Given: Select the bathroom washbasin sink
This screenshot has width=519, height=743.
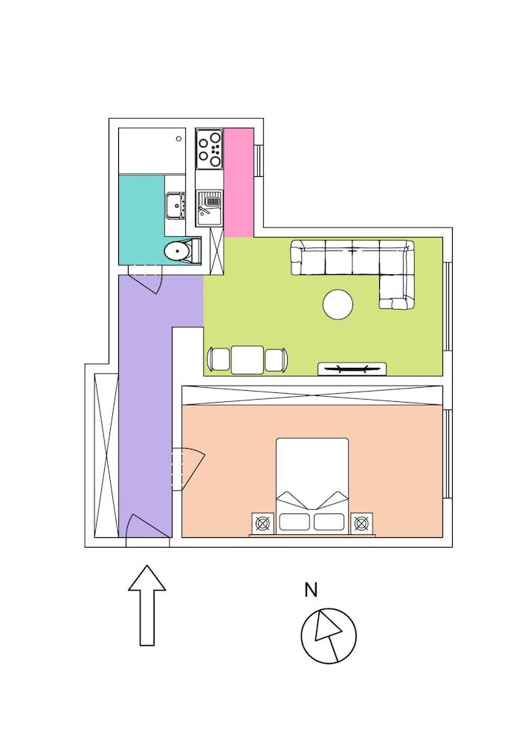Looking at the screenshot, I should (x=175, y=206).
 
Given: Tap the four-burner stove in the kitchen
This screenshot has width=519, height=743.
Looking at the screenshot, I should (x=209, y=149).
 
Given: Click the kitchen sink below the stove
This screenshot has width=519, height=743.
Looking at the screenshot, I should (x=209, y=207).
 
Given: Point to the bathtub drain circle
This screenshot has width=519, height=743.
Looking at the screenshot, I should (x=178, y=137).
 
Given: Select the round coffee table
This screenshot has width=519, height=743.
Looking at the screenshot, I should (x=338, y=305).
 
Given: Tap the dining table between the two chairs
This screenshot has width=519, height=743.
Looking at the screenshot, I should (x=248, y=360).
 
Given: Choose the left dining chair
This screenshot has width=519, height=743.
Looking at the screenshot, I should (x=220, y=360).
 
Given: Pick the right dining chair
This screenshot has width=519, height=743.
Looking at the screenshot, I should (x=275, y=360).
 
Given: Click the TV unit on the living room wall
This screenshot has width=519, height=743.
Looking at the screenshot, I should (x=352, y=369).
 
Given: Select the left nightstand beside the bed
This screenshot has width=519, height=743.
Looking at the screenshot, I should (x=262, y=523).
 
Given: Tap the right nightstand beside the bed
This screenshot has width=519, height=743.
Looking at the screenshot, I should (x=361, y=523).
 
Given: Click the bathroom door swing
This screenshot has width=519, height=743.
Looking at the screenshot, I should (x=147, y=282).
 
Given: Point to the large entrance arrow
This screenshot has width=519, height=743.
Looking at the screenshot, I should (x=147, y=604).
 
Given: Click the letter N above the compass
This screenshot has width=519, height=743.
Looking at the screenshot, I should (x=311, y=590).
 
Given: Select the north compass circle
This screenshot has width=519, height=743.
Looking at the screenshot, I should (x=329, y=636).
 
